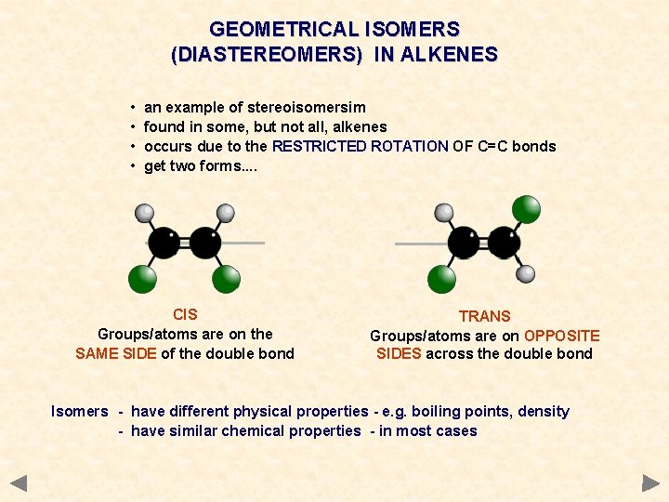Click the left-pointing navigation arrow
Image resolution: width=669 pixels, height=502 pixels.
click(19, 482)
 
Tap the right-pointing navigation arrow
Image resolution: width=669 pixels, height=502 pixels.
click(650, 482)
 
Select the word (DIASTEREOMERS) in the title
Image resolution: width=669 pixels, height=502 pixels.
click(268, 55)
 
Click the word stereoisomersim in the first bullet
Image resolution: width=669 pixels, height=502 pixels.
click(306, 107)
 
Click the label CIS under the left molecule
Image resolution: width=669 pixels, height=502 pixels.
click(185, 314)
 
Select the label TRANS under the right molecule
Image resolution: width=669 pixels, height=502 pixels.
click(484, 316)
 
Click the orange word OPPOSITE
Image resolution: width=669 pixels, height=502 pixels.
click(562, 336)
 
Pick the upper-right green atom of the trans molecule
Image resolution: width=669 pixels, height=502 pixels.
click(527, 209)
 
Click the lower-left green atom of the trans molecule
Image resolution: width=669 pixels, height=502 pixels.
click(442, 278)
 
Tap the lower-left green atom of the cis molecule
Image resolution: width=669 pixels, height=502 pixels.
click(142, 278)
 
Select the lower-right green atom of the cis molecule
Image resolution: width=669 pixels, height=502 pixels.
click(227, 278)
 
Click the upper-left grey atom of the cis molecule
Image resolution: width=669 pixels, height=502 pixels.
click(144, 212)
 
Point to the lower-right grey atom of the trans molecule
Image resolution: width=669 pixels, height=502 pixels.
click(526, 273)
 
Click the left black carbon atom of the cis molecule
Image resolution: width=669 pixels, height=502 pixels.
click(164, 243)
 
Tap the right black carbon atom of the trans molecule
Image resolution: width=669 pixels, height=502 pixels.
click(504, 243)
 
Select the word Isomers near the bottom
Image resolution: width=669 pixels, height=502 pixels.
click(80, 411)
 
